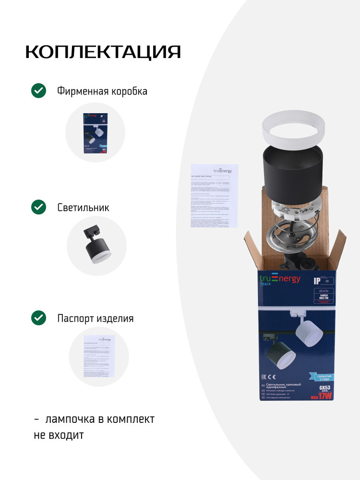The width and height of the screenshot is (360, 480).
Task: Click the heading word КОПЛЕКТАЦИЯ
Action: [103, 52]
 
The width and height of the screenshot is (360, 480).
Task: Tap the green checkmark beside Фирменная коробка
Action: [38, 91]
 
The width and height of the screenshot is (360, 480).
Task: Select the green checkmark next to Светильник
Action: [38, 207]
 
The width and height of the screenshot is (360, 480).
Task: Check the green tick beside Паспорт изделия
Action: [38, 318]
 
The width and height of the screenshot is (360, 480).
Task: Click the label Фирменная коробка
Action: [102, 91]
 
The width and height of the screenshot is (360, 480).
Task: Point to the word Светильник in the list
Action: [83, 208]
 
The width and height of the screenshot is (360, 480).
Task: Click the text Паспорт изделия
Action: [95, 318]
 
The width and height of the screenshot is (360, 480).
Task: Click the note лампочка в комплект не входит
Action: [95, 427]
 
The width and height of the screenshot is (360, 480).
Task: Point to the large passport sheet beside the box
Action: [214, 195]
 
